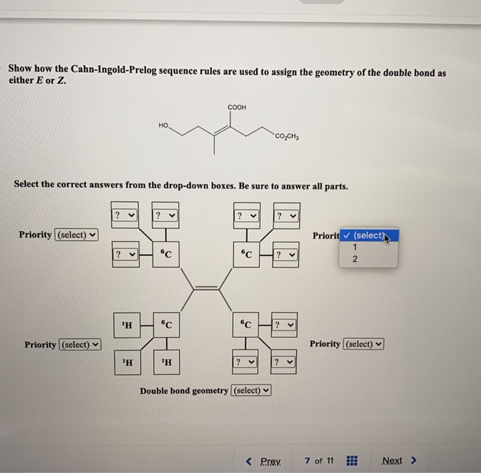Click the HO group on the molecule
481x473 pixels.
click(x=163, y=126)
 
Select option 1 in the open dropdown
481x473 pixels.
click(x=355, y=247)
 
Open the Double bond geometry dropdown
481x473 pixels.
click(x=251, y=391)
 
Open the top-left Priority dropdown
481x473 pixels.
click(x=76, y=235)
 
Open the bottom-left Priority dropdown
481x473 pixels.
click(x=80, y=344)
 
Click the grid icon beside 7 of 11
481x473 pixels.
click(x=351, y=460)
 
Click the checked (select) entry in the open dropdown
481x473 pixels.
click(x=370, y=235)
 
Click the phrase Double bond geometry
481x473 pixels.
click(x=185, y=391)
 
